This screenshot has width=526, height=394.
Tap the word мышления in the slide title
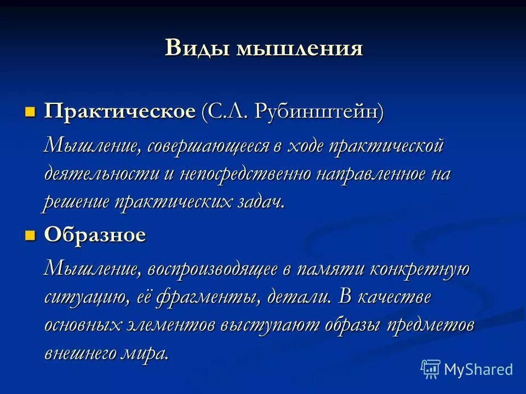300,48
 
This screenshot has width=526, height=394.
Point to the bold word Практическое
120,112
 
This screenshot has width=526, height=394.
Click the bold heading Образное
95,235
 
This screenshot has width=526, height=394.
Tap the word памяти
331,270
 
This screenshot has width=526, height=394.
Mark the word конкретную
419,270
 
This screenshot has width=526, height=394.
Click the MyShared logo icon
431,369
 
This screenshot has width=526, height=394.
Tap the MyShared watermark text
478,370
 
